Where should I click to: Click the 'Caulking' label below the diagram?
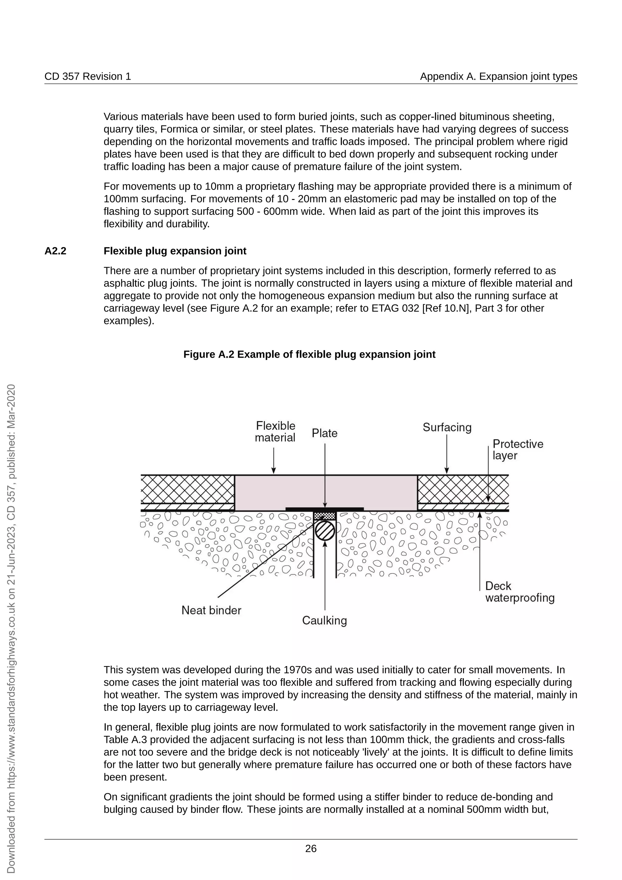(324, 620)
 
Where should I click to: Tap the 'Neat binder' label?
(211, 610)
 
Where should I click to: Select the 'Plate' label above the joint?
(324, 433)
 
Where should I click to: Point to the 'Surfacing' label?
(447, 427)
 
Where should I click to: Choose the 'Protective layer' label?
(518, 450)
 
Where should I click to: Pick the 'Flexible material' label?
(275, 431)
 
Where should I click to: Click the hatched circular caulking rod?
(325, 531)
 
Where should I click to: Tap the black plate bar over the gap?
(324, 509)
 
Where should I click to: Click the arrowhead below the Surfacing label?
(446, 471)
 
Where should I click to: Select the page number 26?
(311, 849)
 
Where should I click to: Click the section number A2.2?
(55, 251)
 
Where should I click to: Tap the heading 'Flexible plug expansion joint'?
(175, 251)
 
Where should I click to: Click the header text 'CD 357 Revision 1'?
(88, 76)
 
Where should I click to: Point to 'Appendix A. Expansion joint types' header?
(498, 76)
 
